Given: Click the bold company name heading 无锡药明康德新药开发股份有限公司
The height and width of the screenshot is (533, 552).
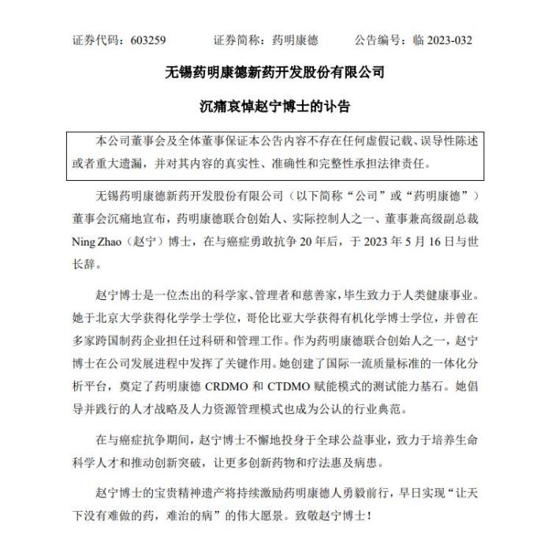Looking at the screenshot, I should tap(275, 73).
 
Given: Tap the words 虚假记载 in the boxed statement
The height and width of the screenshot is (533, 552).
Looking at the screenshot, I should tap(370, 142).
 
